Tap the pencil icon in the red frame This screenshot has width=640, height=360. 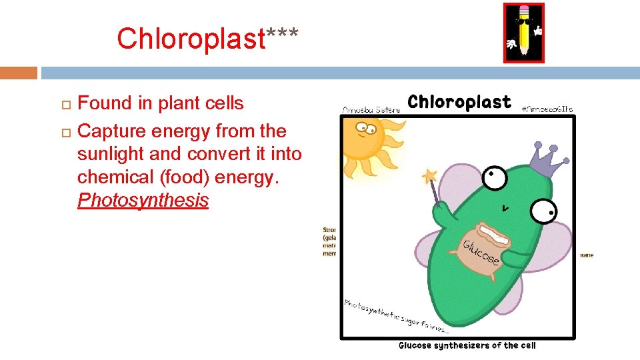coord(523,33)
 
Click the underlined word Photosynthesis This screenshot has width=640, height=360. coord(143,200)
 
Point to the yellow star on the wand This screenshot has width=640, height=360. coord(429,177)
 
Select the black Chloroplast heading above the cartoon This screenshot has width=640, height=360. coord(459,102)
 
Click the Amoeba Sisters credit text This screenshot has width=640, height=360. coord(372,109)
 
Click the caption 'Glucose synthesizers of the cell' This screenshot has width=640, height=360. coord(467,345)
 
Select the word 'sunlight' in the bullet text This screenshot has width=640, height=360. coord(108,154)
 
